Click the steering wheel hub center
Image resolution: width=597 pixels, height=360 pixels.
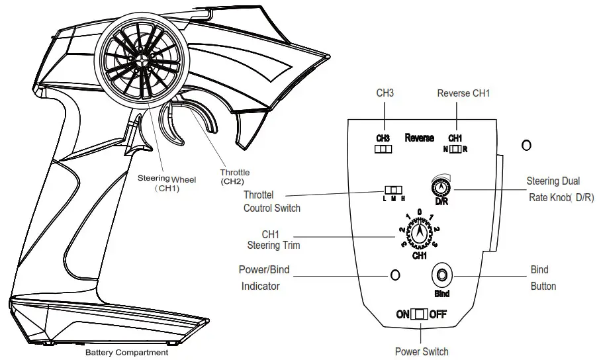click(x=143, y=58)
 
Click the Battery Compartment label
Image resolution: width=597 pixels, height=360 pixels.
click(x=126, y=353)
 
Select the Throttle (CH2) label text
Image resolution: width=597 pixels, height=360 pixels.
click(x=235, y=177)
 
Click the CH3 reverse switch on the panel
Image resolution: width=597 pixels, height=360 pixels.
click(x=383, y=149)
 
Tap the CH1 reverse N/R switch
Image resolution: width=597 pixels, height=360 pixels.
click(x=455, y=149)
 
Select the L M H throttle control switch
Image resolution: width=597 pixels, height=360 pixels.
click(x=394, y=191)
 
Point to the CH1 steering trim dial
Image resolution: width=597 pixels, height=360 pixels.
click(x=419, y=234)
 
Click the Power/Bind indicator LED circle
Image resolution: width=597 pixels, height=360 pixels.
click(x=395, y=274)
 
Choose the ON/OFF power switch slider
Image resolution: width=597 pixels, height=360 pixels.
click(x=420, y=314)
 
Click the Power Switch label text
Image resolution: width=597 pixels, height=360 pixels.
click(x=422, y=351)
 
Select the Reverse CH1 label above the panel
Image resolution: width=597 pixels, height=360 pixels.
click(x=463, y=93)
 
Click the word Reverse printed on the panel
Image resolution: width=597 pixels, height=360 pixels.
click(x=419, y=138)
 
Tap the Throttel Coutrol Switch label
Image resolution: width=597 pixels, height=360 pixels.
click(x=272, y=202)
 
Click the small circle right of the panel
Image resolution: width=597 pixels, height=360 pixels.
click(x=526, y=145)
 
